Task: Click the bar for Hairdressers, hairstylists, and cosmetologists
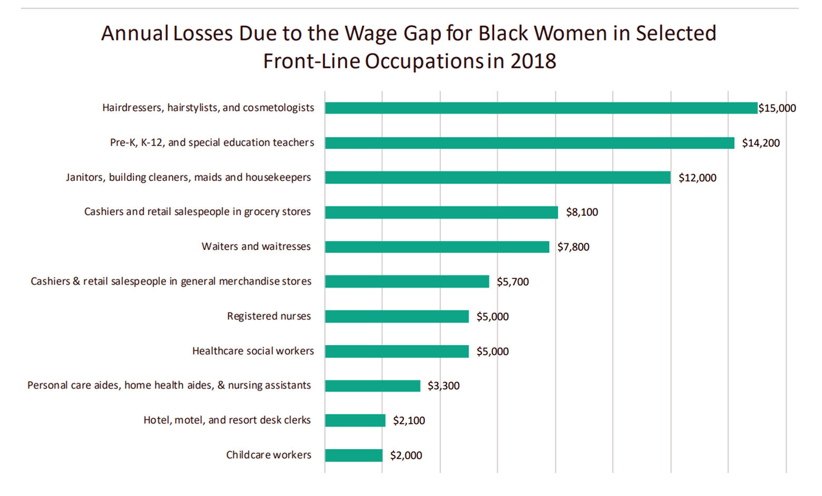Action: [x=541, y=108]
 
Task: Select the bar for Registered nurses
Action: [x=396, y=316]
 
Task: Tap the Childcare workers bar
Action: [x=353, y=455]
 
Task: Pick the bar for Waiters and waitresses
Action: [x=437, y=247]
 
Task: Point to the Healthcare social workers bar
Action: [x=396, y=351]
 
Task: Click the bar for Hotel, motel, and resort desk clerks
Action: [x=355, y=421]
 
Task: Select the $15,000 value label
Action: [x=777, y=109]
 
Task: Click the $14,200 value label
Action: [x=760, y=143]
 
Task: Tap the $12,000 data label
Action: [x=697, y=178]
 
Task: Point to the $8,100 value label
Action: [x=582, y=212]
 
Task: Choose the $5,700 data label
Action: [x=512, y=282]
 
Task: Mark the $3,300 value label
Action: [x=443, y=386]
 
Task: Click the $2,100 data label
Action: [x=408, y=421]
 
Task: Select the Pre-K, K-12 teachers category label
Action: [x=212, y=143]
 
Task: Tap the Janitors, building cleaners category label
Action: [x=188, y=178]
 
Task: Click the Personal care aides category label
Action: [x=169, y=385]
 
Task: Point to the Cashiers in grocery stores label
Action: [x=198, y=212]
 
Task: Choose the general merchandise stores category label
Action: [x=171, y=281]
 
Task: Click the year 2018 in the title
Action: [x=533, y=61]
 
